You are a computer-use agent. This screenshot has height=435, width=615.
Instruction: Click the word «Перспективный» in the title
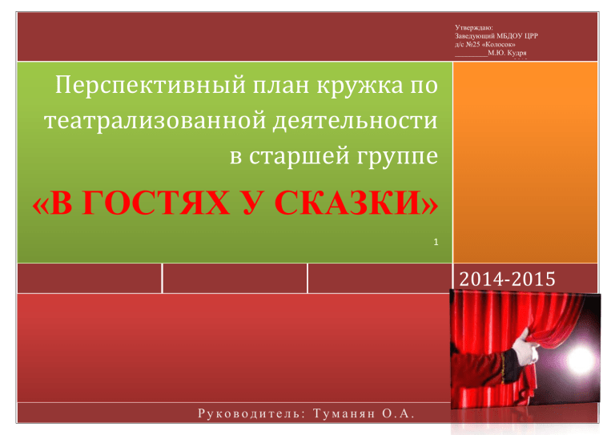[151, 85]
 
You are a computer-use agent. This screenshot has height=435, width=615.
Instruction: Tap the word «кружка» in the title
[360, 85]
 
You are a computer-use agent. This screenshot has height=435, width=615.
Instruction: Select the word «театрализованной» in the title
[155, 119]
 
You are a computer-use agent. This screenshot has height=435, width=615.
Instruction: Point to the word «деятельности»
[356, 119]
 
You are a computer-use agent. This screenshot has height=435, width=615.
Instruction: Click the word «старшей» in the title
[299, 155]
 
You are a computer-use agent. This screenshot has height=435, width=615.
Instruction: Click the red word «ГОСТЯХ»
[156, 203]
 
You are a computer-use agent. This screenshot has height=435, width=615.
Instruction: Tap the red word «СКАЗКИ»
[348, 203]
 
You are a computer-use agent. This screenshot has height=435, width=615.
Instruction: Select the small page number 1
[436, 242]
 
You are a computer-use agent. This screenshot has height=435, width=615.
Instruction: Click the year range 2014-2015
[507, 280]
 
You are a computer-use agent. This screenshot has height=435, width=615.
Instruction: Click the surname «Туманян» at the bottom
[344, 414]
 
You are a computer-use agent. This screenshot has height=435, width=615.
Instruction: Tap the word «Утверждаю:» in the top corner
[474, 27]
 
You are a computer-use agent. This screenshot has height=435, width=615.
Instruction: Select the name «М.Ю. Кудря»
[507, 53]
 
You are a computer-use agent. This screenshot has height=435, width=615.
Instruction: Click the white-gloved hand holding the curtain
[525, 348]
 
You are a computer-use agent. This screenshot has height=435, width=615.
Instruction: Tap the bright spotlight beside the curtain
[579, 359]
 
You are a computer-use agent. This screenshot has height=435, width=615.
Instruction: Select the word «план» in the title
[281, 85]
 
